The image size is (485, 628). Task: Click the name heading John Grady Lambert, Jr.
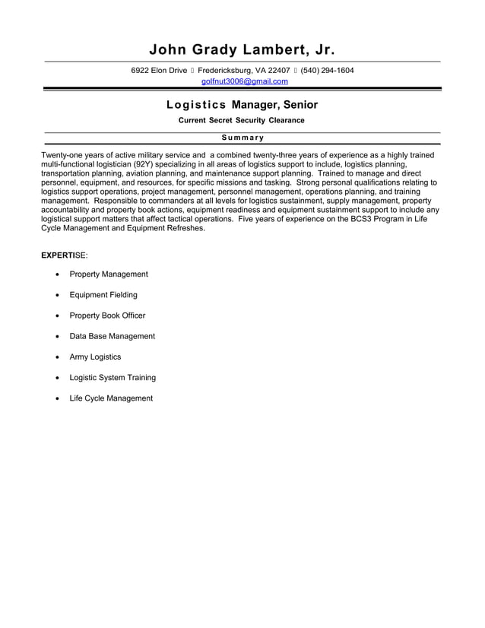(242, 50)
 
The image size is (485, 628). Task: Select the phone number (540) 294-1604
(327, 71)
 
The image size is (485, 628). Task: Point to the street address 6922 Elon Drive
(159, 71)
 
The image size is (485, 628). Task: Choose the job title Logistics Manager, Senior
(242, 104)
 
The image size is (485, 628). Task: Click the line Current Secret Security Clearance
(242, 121)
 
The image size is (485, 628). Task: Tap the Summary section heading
(242, 138)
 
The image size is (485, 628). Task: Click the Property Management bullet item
(109, 274)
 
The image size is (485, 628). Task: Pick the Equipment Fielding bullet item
(103, 295)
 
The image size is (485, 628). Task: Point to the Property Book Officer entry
(107, 316)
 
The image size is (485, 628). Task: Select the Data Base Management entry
(112, 336)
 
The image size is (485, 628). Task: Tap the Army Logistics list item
(95, 357)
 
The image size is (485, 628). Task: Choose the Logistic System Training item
(113, 377)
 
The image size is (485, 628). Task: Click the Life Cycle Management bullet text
(111, 398)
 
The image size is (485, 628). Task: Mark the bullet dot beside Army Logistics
(58, 357)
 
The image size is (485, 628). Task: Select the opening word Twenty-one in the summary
(61, 154)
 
